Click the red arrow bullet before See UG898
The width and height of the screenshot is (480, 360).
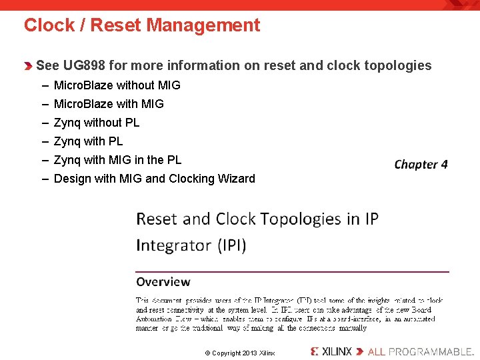click(x=28, y=66)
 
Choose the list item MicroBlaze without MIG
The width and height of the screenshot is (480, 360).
click(x=117, y=85)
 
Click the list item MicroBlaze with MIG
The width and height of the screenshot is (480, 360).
click(x=109, y=104)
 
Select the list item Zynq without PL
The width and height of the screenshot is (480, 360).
click(x=97, y=123)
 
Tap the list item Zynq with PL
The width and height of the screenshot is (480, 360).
click(x=88, y=141)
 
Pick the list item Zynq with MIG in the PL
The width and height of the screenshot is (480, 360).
click(x=117, y=160)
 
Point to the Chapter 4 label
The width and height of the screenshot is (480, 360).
click(x=421, y=164)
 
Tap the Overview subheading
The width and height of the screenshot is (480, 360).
click(x=163, y=282)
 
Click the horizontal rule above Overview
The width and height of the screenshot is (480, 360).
click(x=292, y=271)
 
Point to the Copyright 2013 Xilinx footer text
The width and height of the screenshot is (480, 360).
click(x=239, y=353)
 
